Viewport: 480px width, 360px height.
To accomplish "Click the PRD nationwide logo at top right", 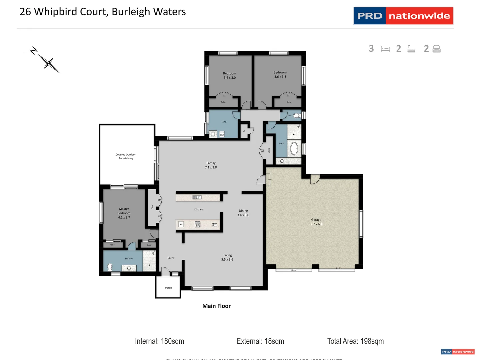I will point(403,16).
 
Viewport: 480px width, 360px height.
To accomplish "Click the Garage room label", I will point(316,222).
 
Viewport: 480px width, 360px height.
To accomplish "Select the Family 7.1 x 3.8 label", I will point(211,165).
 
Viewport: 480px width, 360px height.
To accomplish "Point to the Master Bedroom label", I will point(124,213).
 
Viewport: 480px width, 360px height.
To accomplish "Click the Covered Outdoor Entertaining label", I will point(126,156).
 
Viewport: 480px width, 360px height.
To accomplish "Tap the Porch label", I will point(168,288).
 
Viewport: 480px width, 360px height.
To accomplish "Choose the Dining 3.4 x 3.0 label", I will point(243,213).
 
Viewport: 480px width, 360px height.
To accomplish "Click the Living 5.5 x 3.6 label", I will point(227,257).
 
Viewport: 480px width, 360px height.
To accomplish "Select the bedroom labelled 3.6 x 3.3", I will point(280,74).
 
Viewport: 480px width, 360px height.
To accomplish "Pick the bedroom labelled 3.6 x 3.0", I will point(229,75).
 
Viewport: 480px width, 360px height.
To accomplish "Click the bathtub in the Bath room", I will point(294,149).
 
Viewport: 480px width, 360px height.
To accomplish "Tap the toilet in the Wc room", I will point(296,116).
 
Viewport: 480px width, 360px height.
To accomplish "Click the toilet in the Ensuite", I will point(110,267).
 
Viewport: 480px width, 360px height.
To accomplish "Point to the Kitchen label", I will point(199,209).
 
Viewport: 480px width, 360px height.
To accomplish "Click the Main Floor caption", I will point(216,306).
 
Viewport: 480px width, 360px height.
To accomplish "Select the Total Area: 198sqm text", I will point(355,341).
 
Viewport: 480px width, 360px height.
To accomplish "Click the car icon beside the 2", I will point(436,49).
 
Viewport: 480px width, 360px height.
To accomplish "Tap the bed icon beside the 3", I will point(385,49).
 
